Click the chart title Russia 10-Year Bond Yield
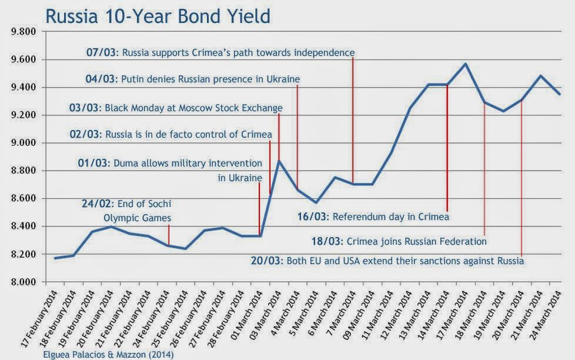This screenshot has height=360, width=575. [158, 15]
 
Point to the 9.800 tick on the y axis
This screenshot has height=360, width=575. [23, 32]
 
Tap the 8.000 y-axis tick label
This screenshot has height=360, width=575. [23, 282]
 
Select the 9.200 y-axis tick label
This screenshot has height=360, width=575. [23, 115]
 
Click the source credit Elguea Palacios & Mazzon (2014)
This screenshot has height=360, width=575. [108, 354]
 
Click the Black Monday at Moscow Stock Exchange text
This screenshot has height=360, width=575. [193, 108]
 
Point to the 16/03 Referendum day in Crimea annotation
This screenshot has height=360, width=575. [374, 216]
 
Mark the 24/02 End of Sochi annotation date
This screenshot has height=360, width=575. [95, 204]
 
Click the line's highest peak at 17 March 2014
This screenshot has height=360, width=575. [465, 64]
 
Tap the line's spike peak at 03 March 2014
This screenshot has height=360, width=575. [279, 161]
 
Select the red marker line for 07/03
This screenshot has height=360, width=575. [353, 118]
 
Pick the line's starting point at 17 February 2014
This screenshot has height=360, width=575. [55, 258]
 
